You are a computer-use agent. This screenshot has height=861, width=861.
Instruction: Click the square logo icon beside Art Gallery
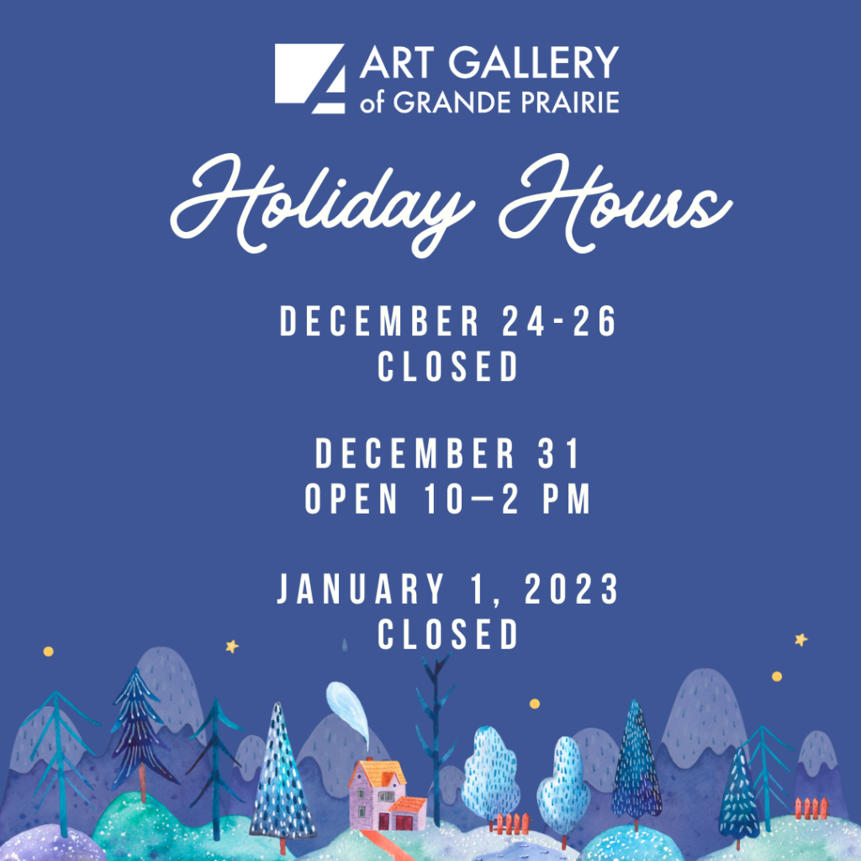point(309,78)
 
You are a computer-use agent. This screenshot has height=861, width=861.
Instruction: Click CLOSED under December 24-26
point(448,367)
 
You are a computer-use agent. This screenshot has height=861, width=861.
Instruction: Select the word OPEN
point(351,500)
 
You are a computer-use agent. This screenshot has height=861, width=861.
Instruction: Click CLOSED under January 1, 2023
point(448,635)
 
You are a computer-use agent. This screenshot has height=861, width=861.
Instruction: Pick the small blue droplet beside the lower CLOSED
point(344,646)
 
